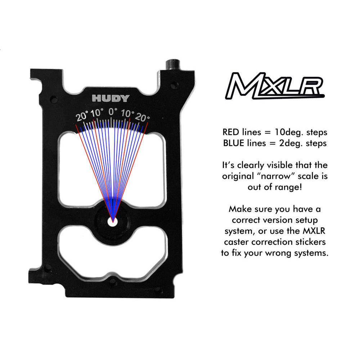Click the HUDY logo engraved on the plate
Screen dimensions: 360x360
pos(111,98)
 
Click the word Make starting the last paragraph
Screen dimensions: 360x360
pos(240,208)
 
